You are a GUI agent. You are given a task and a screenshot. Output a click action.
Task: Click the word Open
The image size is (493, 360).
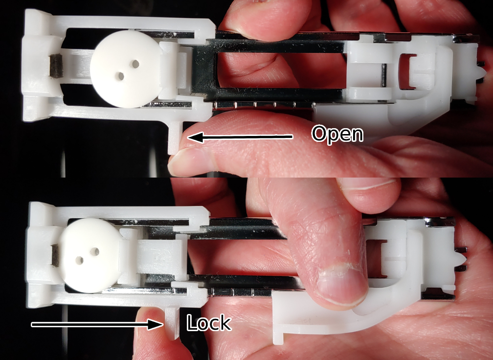pos(337,134)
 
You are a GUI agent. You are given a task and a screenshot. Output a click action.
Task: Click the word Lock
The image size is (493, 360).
pos(208,323)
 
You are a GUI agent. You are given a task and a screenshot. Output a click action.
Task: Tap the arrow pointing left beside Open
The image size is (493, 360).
pos(240,137)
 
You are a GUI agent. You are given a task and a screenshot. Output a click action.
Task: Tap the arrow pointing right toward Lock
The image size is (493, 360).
pos(97,324)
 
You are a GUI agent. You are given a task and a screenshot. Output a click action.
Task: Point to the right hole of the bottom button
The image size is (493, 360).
pos(94,251)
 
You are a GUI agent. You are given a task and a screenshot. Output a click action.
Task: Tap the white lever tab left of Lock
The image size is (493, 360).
pos(172,320)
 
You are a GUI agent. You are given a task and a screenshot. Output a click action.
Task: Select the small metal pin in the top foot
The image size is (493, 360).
pos(384,75)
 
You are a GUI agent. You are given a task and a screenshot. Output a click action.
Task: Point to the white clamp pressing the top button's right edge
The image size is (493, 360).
pos(174,68)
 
